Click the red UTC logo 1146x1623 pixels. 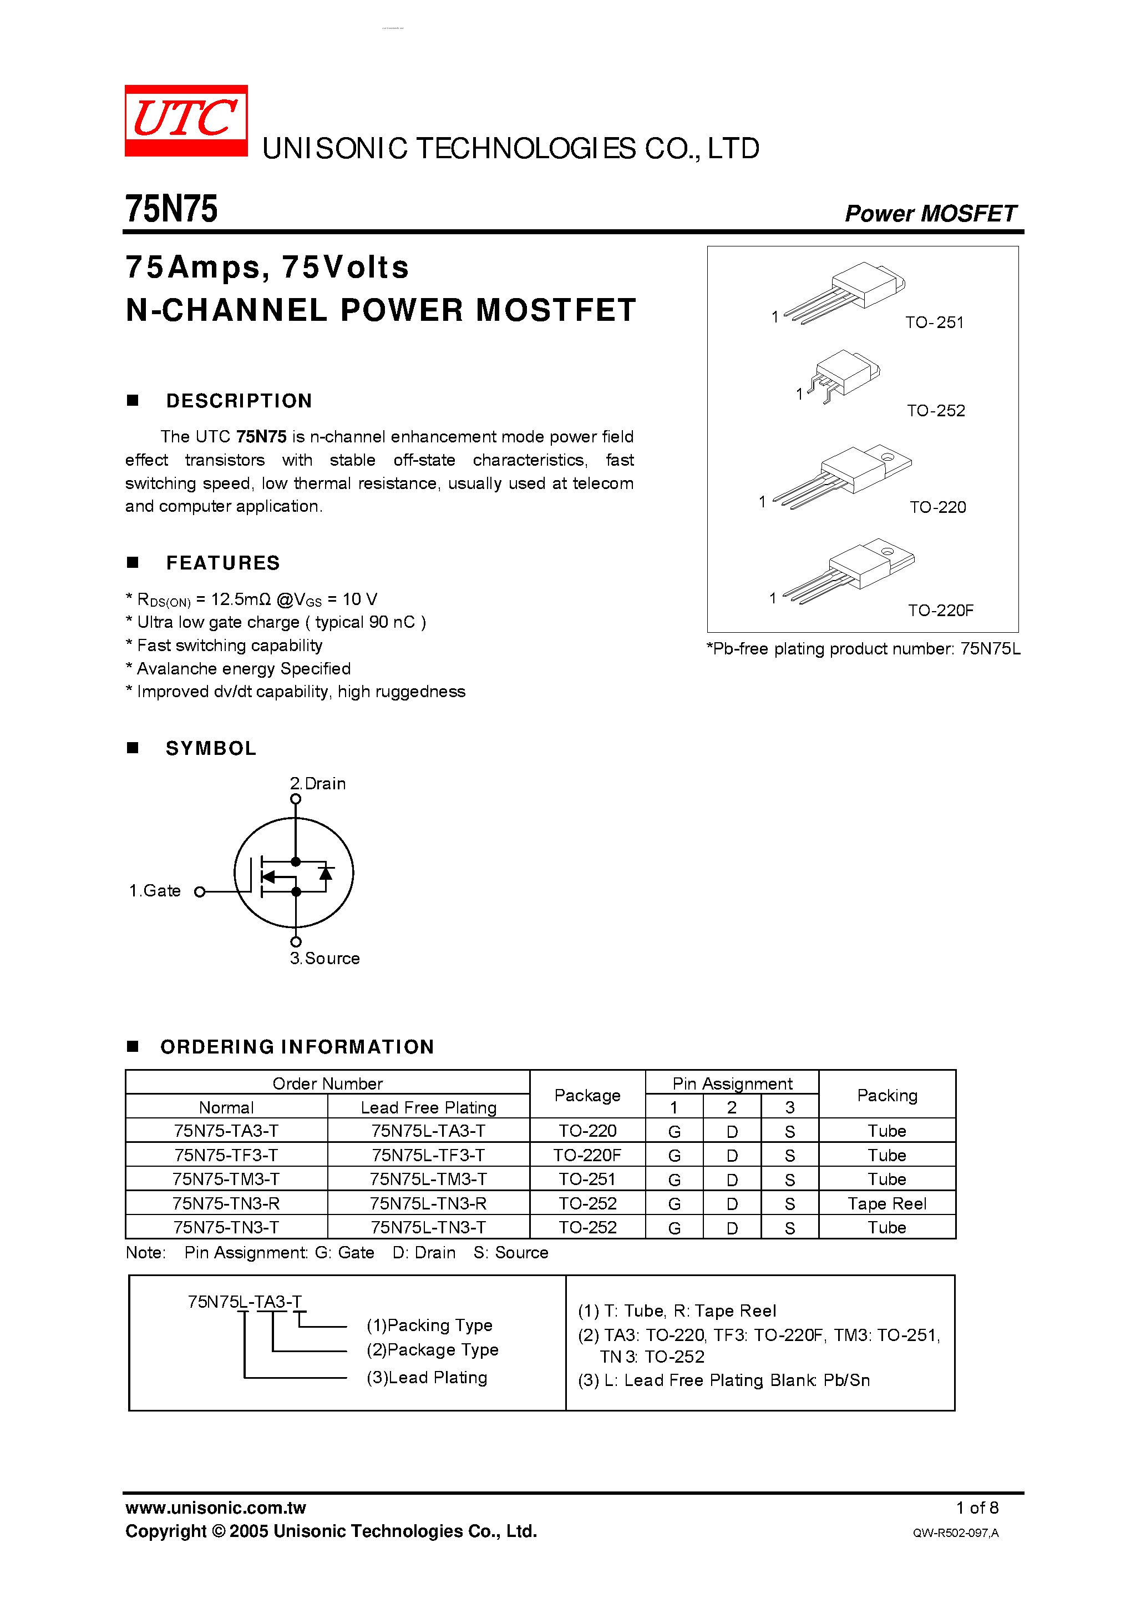coord(186,120)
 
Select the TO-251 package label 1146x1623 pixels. coord(934,322)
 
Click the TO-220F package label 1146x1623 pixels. coord(940,610)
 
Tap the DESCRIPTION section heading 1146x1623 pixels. coord(239,401)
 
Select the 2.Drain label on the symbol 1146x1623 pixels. coord(317,783)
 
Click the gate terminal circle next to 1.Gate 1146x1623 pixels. coord(200,892)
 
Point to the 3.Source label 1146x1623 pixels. coord(324,959)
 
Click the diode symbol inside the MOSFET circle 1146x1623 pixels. coord(326,874)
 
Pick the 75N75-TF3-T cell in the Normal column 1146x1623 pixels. coord(226,1155)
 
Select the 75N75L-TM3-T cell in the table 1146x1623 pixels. coord(428,1179)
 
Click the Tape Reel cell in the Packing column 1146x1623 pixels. coord(887,1203)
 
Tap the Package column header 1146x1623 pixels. coord(587,1095)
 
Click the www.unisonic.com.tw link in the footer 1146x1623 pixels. coord(215,1508)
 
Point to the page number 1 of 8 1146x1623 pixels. coord(977,1508)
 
